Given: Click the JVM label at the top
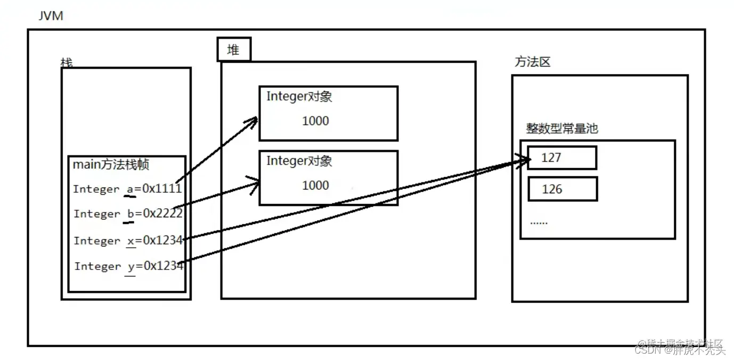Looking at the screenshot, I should (51, 16).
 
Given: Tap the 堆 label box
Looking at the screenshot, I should (233, 50).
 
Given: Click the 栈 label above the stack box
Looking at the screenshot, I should (67, 63).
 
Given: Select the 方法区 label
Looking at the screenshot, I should (532, 62).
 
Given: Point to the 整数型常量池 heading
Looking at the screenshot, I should (562, 128).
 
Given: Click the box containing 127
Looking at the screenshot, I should (562, 158).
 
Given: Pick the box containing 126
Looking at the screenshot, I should (562, 189).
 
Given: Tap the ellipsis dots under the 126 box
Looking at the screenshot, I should (539, 222).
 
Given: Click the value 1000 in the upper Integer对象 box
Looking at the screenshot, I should (315, 121).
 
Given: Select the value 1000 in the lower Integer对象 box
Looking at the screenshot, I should (315, 185).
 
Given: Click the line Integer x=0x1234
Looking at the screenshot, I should (128, 241).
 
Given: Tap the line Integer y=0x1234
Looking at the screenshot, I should (129, 266).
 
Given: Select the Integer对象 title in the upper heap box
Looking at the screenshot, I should (299, 96).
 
